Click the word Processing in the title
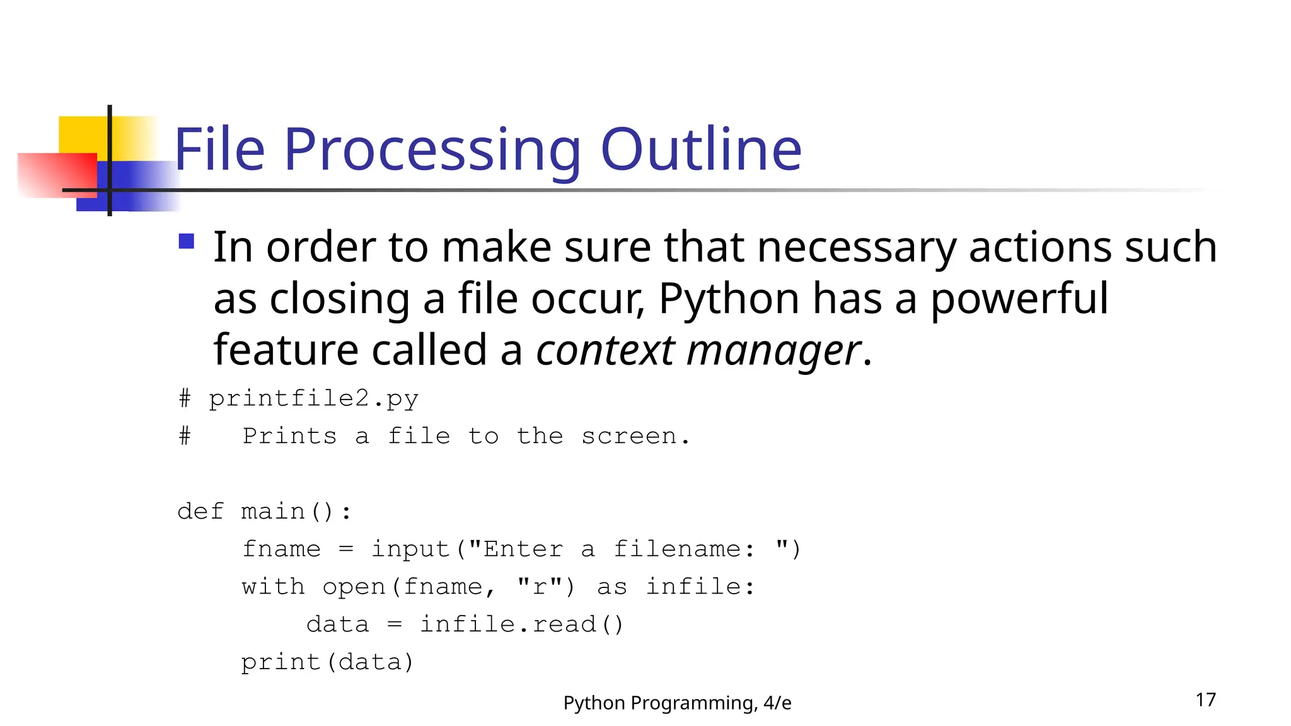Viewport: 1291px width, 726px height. coord(432,151)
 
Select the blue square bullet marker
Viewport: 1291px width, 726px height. coord(186,241)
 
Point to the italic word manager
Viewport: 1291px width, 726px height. coord(773,351)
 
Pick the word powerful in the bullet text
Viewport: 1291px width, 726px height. coord(1019,299)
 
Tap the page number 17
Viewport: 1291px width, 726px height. coord(1205,700)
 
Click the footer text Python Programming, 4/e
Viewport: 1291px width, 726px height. coord(677,703)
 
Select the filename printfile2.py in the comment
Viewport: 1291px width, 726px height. coord(313,399)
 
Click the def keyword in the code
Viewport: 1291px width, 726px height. coord(200,511)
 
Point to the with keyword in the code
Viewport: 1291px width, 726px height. coord(273,587)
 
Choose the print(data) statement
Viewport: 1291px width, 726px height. coord(327,662)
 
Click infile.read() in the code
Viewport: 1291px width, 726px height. coord(521,625)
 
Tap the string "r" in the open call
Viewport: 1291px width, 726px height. coord(540,586)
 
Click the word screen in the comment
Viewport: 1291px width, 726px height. coord(628,436)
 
